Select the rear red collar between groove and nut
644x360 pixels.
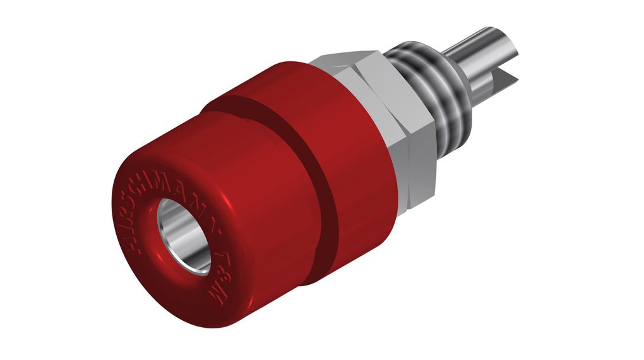[360, 145]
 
